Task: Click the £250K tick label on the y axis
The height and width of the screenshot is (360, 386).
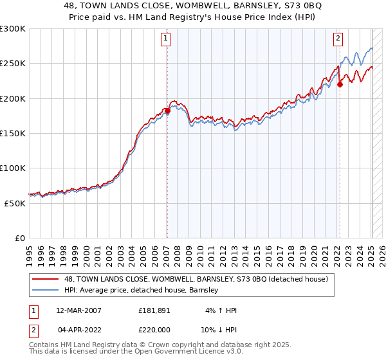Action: pos(13,64)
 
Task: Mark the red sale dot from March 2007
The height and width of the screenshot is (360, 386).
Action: pos(167,111)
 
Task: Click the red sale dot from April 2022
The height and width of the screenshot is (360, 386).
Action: pos(339,84)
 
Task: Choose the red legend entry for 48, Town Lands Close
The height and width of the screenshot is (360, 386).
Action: pos(196,279)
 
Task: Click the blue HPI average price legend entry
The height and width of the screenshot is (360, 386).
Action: pos(142,291)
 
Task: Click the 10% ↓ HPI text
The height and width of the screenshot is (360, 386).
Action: pos(219,330)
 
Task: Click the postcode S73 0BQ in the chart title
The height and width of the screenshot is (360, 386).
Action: pos(298,6)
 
